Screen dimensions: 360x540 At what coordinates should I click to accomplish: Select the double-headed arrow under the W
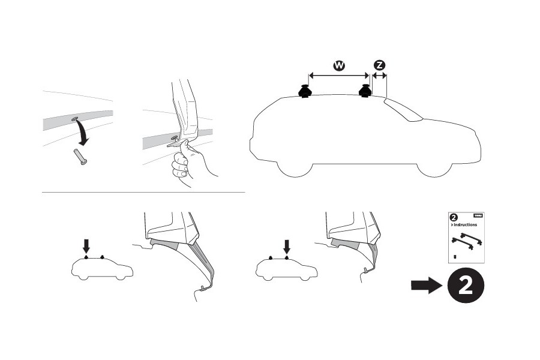click(x=338, y=76)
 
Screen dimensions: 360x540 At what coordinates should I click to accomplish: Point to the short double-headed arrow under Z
click(x=379, y=76)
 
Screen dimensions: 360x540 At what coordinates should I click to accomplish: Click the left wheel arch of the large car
click(x=298, y=165)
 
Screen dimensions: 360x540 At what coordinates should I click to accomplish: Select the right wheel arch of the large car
click(x=434, y=165)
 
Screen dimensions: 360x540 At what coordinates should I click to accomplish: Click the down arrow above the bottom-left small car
click(x=86, y=245)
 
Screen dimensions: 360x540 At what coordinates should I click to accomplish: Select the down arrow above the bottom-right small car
click(x=286, y=245)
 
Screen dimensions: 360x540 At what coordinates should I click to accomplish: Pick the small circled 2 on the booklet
click(x=454, y=217)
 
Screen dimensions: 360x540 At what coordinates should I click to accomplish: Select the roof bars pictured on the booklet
click(x=467, y=242)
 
